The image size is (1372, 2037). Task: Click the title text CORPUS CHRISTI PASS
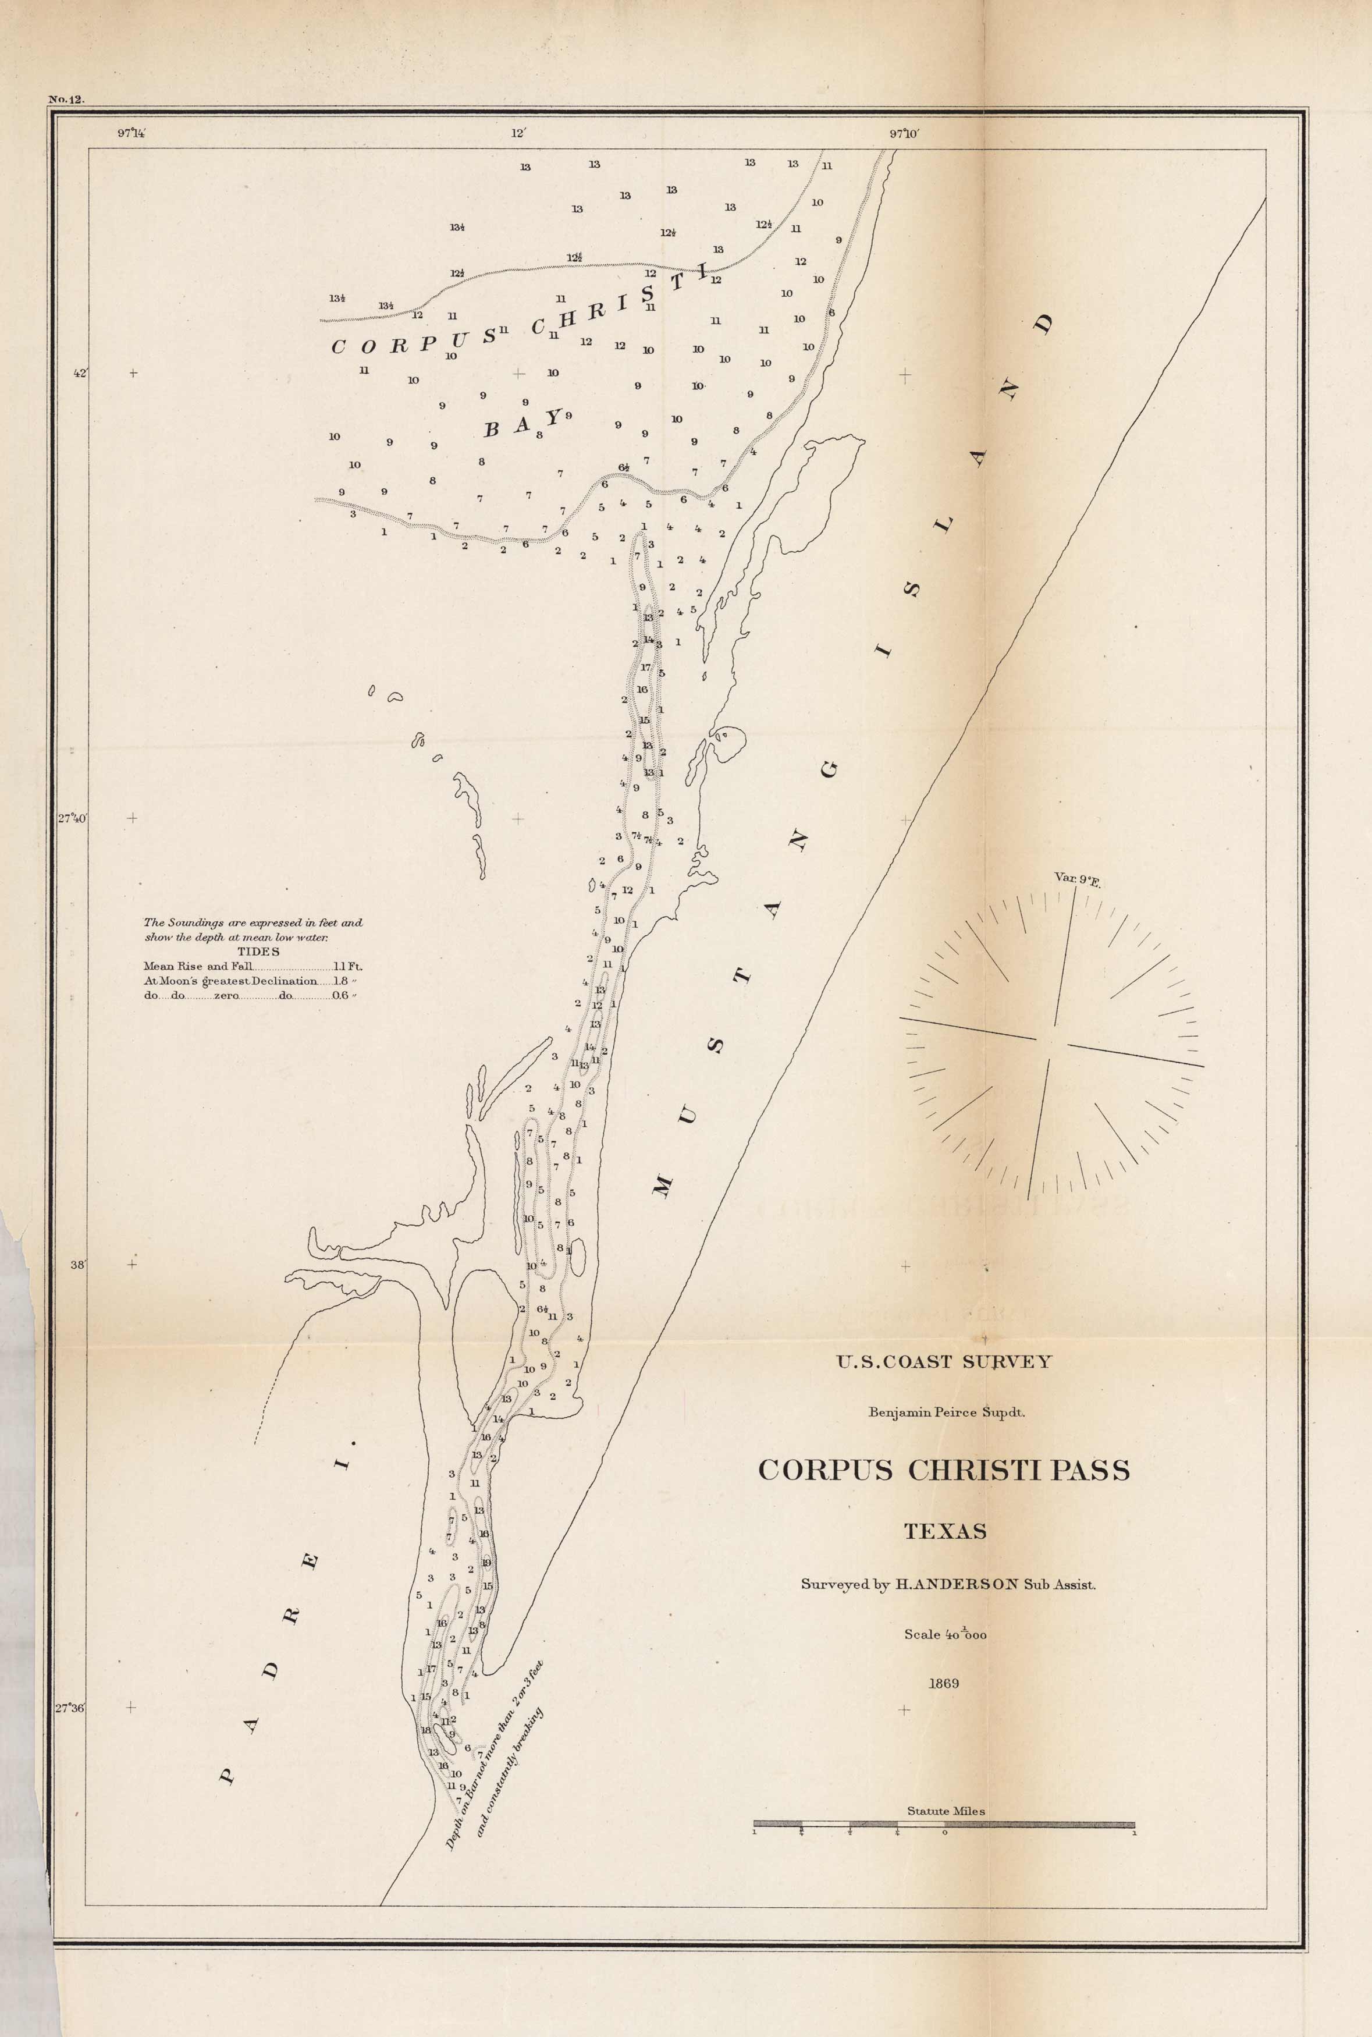(943, 1470)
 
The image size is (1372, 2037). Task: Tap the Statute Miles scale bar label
(945, 1811)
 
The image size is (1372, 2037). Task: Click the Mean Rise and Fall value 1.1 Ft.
(347, 966)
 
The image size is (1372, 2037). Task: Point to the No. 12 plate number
(66, 100)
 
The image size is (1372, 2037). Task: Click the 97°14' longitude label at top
(131, 134)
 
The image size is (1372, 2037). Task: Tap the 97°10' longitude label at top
(905, 134)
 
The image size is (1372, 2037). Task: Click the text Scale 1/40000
(945, 1634)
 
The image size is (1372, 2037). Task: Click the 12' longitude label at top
(518, 134)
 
